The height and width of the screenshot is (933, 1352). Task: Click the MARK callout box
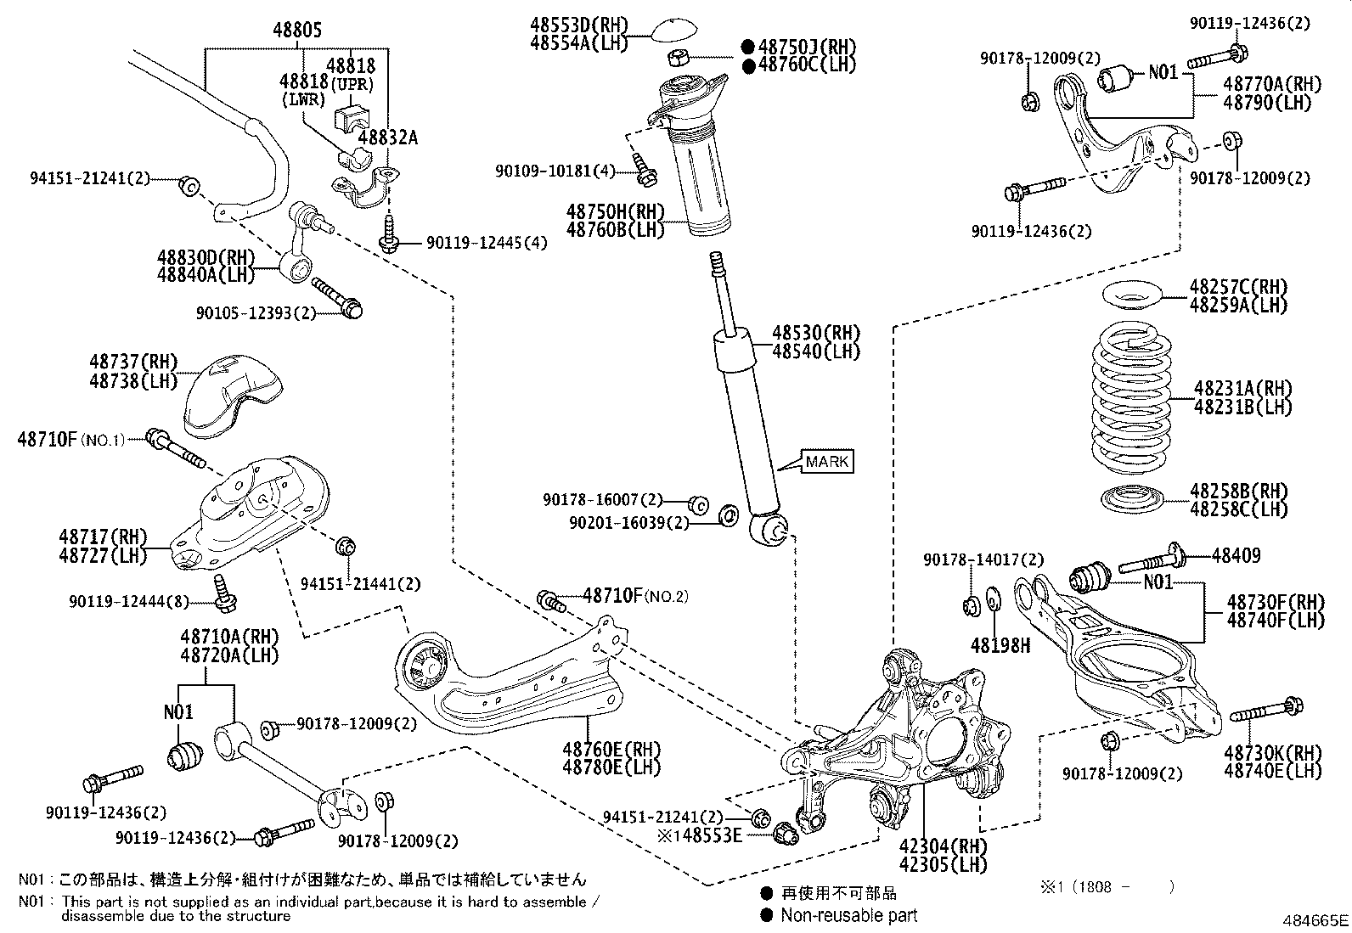[826, 462]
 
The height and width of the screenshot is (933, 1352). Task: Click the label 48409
[1236, 556]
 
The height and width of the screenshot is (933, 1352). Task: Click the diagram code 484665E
[1315, 920]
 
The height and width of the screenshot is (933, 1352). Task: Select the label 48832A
[387, 138]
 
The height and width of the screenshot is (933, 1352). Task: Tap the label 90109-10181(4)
[555, 171]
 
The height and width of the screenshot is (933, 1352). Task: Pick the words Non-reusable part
[849, 915]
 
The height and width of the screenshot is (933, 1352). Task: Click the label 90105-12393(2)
[256, 312]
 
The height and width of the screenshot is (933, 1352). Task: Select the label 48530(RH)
[816, 332]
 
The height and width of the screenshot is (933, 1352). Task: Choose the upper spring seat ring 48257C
[1134, 298]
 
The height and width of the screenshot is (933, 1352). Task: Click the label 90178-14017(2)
[983, 560]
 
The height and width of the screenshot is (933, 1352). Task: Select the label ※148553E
[700, 835]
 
